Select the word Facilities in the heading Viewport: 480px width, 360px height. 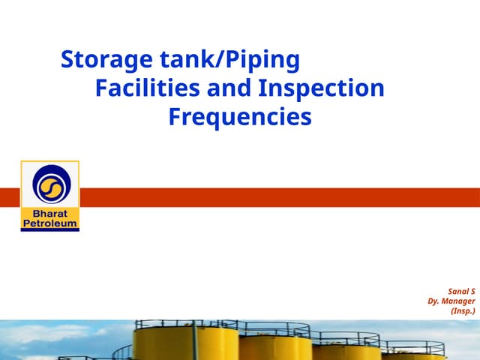[x=145, y=88]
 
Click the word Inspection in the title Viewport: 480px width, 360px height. [x=321, y=88]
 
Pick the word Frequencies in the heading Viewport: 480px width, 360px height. [x=239, y=117]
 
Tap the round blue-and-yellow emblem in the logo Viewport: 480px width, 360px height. [x=50, y=185]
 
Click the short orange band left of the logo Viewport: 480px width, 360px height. [x=10, y=197]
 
